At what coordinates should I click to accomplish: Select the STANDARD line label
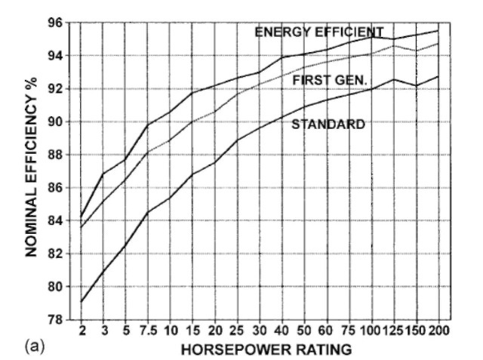pos(328,124)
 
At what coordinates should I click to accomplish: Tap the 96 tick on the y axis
pos(57,23)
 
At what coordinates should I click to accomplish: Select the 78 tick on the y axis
pos(57,319)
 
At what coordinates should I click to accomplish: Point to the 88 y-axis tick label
pos(57,155)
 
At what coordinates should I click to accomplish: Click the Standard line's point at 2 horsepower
pos(81,302)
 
